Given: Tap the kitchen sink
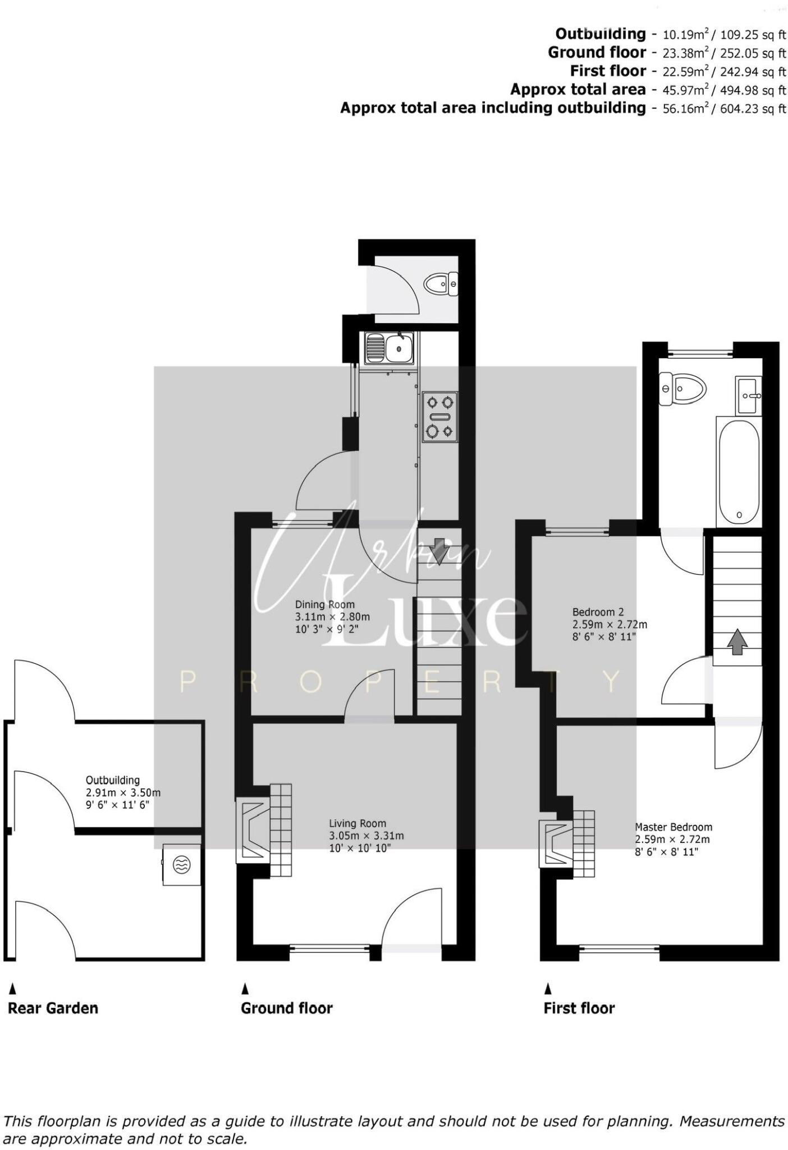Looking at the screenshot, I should (389, 348).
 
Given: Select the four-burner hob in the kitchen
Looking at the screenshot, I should (439, 417).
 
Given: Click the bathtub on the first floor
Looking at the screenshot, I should (739, 471).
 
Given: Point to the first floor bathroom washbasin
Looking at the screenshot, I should (748, 395).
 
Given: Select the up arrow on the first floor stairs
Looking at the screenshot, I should (737, 642).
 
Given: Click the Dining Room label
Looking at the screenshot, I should (325, 605).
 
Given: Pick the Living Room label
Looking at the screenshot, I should (358, 824).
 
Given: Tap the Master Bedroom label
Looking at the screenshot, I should (674, 827).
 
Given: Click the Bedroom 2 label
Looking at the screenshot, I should (598, 612).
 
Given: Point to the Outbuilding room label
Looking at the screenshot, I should (113, 780).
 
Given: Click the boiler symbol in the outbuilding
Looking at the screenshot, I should (181, 865).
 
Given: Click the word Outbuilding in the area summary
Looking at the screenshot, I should (601, 34).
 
